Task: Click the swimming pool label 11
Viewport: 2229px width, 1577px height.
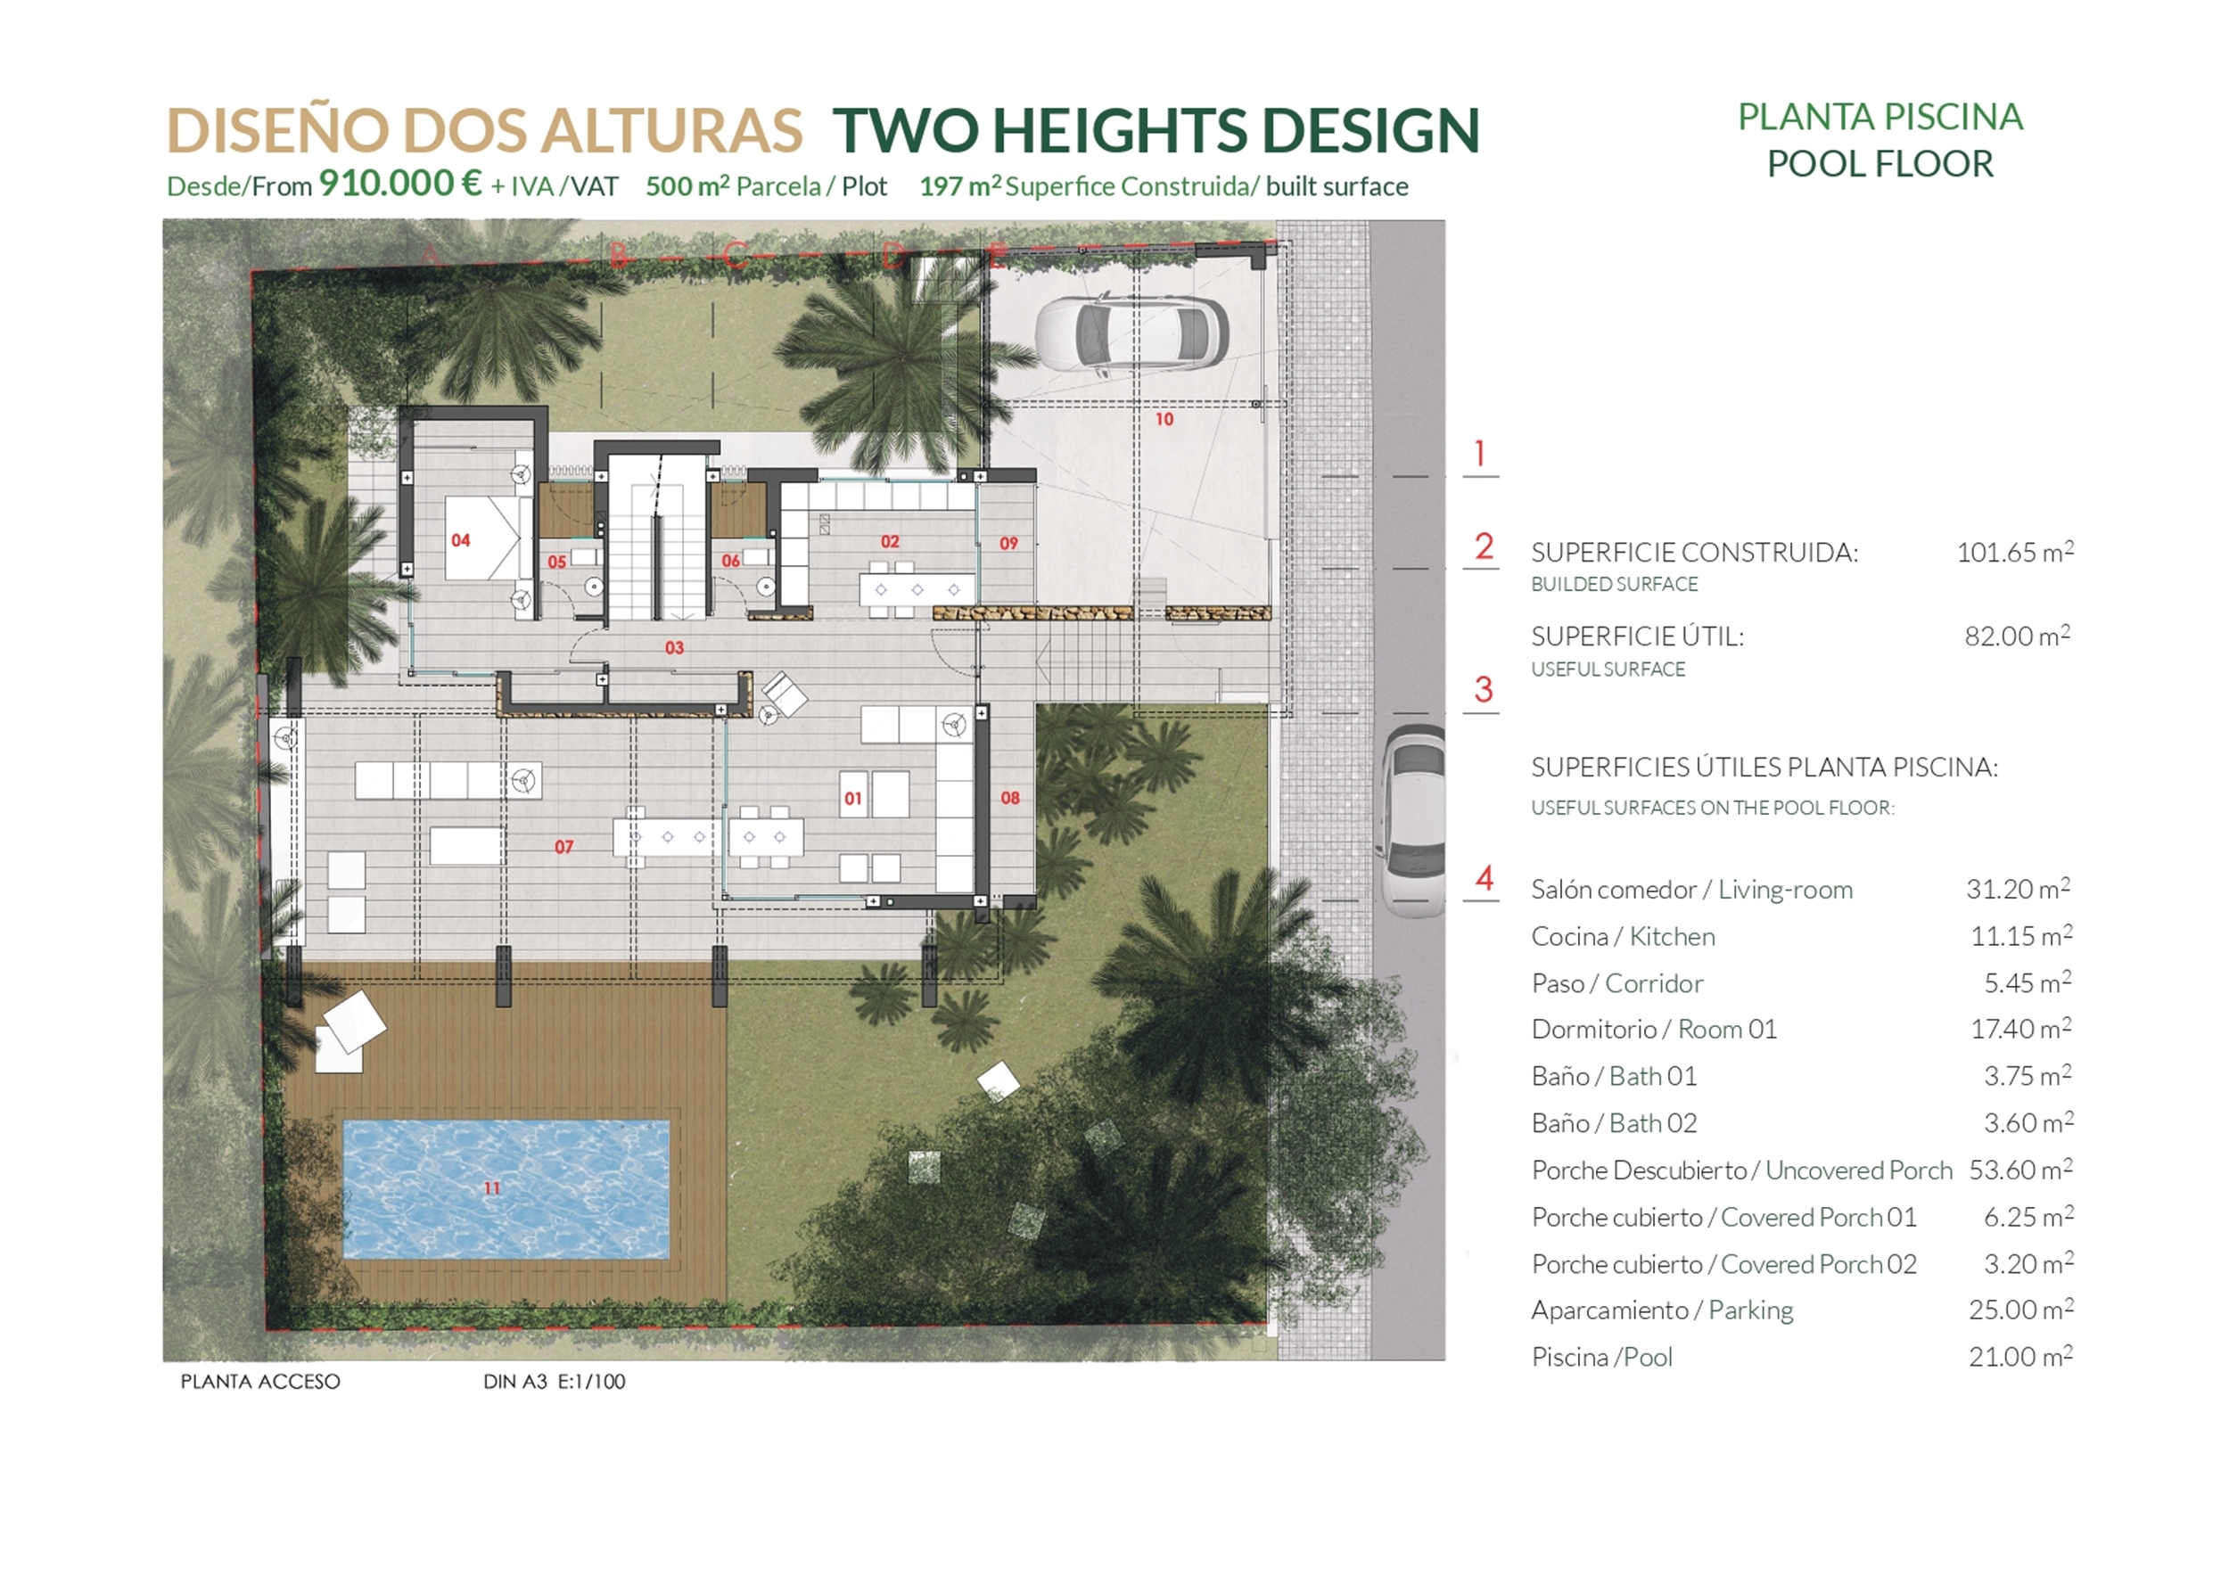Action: tap(491, 1187)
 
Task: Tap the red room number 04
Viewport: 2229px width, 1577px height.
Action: tap(460, 540)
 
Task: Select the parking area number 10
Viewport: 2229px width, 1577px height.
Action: tap(1164, 420)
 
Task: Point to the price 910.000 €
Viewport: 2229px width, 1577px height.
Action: tap(400, 184)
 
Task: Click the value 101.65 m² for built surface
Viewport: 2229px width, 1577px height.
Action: tap(2014, 552)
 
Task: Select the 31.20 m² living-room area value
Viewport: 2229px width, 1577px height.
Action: tap(2018, 889)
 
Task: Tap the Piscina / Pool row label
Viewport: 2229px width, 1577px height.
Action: tap(1601, 1358)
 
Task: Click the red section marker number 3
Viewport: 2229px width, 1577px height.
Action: tap(1482, 689)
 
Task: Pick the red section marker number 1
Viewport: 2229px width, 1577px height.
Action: tap(1479, 454)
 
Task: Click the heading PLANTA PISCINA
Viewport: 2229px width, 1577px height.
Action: tap(1879, 118)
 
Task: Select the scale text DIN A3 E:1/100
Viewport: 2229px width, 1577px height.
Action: tap(554, 1381)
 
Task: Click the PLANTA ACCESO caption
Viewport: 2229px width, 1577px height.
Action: tap(260, 1381)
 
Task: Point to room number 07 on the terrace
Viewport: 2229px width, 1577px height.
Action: tap(563, 847)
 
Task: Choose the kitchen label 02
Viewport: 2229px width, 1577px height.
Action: tap(890, 541)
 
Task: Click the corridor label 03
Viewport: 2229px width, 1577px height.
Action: tap(674, 648)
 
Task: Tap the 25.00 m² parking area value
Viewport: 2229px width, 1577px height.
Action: tap(2020, 1310)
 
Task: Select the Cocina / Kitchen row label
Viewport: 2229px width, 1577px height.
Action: tap(1623, 936)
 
